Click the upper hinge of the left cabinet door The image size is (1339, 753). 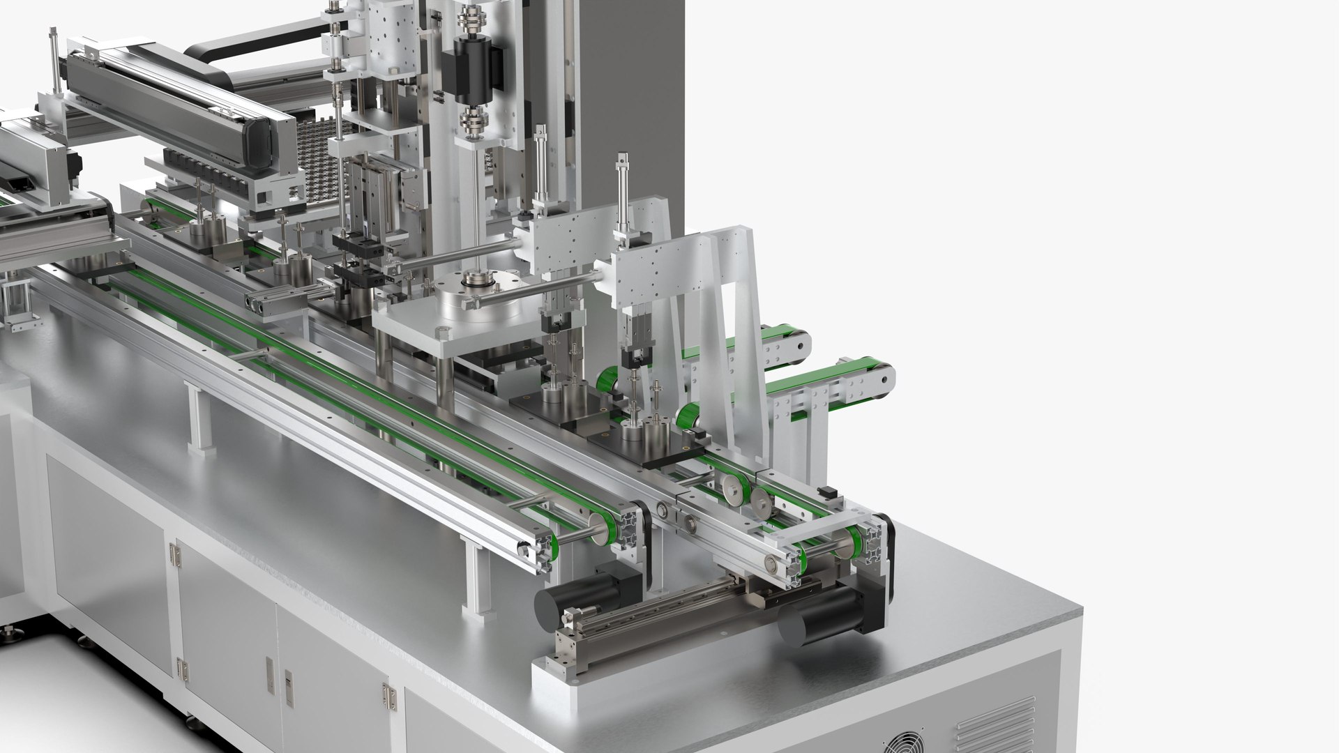174,554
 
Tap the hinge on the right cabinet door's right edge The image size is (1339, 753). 387,697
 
